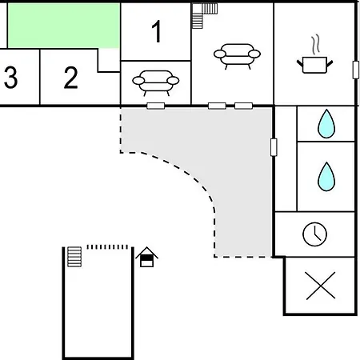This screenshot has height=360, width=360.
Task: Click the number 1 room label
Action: pos(157,31)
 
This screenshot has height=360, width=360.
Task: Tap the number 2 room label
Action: pos(71,78)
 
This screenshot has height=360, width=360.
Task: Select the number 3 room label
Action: pos(10,78)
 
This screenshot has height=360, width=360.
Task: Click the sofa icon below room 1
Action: pos(156,82)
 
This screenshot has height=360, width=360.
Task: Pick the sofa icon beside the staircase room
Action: pos(237,56)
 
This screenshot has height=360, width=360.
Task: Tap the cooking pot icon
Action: pos(315,65)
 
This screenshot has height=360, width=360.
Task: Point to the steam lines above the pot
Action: pos(316,44)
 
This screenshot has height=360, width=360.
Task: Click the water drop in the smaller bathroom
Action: pos(326,124)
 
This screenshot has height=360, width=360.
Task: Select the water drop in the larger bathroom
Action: pos(326,177)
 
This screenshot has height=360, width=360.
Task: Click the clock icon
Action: pos(314,234)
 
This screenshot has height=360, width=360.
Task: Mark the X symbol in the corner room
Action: pos(321,286)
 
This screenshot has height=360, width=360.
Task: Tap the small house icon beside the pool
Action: pos(146,257)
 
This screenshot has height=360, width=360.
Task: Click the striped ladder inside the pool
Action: pos(74,257)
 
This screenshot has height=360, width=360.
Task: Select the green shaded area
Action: pos(64,26)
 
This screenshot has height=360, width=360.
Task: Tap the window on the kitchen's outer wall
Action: pos(356,70)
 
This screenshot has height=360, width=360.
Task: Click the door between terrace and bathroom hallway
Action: pos(274,147)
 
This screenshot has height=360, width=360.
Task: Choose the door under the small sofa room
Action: pos(156,106)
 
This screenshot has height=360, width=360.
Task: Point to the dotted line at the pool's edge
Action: pos(107,247)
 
